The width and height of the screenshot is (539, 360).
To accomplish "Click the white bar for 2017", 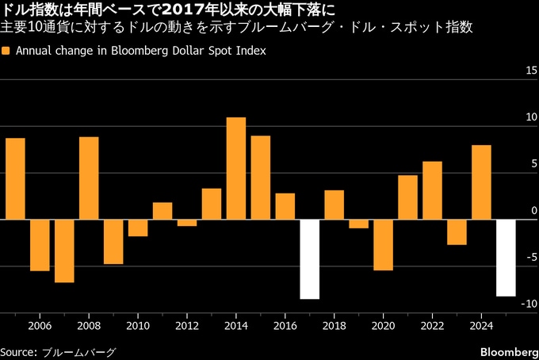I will click(310, 259).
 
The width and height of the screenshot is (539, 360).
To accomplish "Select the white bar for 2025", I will click(506, 258).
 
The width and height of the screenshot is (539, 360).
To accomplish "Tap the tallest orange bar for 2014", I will click(236, 168).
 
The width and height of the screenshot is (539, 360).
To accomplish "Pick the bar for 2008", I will click(89, 178).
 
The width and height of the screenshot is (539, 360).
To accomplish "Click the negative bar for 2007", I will click(64, 251).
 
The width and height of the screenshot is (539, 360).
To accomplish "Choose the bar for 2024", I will click(481, 182).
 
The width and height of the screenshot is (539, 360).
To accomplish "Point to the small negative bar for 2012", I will click(187, 223).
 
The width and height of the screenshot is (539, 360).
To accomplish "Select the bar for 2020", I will click(384, 244).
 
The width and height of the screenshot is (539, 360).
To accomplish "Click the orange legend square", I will click(6, 50).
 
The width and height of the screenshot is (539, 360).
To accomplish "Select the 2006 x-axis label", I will click(40, 326).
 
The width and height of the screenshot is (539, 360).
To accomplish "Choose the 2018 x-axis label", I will click(334, 326).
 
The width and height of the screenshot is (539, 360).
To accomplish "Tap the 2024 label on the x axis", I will click(481, 326).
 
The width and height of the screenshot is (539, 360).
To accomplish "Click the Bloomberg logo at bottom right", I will click(508, 351).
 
